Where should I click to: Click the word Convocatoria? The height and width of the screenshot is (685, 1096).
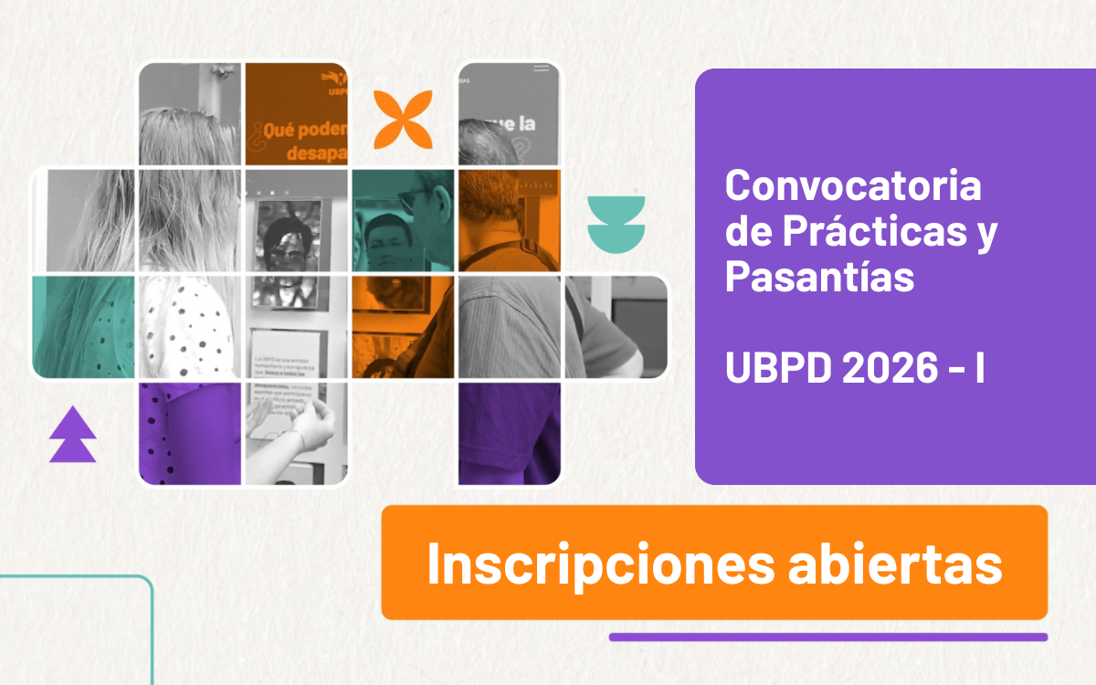[x=853, y=186]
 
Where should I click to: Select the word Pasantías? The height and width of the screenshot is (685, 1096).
[x=819, y=276]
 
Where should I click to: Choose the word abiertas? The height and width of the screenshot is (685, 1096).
[x=894, y=564]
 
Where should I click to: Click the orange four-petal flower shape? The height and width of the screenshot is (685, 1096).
[x=403, y=120]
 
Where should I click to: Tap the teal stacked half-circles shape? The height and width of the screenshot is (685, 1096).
[x=616, y=223]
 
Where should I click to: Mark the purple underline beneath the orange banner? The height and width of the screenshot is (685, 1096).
[x=827, y=637]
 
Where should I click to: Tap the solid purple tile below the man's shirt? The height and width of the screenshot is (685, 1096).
[x=509, y=433]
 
